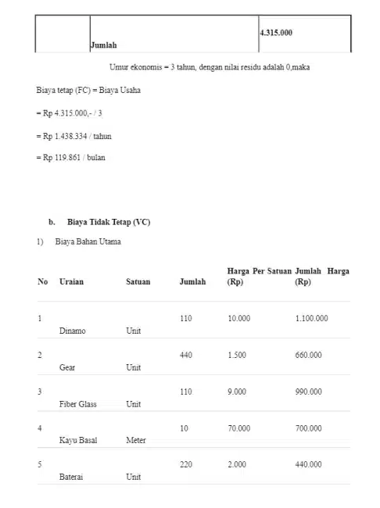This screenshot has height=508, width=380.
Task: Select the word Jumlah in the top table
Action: click(103, 46)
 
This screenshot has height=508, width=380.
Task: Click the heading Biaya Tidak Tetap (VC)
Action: click(109, 222)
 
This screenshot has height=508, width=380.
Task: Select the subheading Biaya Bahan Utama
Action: click(88, 241)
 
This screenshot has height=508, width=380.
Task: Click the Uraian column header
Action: click(71, 281)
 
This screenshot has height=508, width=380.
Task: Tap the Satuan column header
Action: click(138, 281)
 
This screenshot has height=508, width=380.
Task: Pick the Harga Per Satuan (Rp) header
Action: click(259, 276)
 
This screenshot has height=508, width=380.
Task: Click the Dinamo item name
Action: click(73, 331)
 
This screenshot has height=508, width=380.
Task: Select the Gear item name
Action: click(67, 367)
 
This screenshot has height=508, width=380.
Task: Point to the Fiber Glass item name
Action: click(78, 404)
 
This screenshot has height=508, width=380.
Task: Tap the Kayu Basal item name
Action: click(77, 440)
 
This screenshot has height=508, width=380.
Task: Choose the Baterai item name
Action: click(72, 476)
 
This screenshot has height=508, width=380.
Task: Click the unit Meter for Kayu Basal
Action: click(136, 440)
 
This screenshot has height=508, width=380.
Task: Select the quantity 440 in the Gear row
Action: click(185, 355)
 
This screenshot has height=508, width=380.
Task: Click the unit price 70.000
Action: click(238, 428)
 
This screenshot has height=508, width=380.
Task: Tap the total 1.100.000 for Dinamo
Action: click(311, 319)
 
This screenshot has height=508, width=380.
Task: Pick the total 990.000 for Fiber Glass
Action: click(308, 392)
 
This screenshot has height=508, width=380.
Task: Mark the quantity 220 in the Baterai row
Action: click(185, 464)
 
